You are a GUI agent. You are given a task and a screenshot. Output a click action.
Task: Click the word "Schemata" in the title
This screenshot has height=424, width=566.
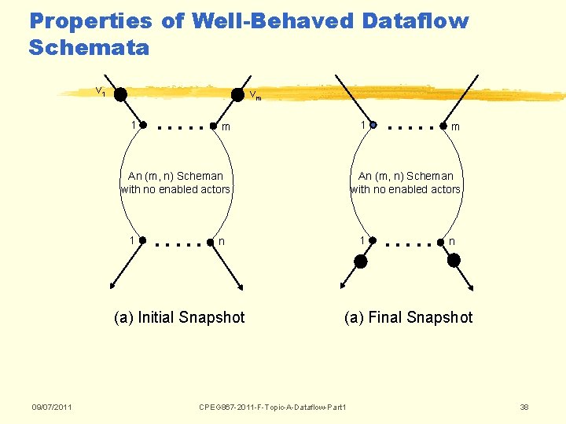click(x=88, y=48)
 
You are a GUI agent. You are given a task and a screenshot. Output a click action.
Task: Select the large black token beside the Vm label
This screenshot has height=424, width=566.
click(x=237, y=94)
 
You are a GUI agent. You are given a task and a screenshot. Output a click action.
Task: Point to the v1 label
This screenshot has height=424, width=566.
click(x=101, y=91)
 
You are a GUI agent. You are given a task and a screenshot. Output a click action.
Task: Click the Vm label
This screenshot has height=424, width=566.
click(x=255, y=97)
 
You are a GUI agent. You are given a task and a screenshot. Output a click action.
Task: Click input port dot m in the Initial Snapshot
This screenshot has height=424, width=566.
click(x=214, y=126)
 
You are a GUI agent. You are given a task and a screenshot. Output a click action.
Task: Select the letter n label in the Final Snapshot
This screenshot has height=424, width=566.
click(x=451, y=242)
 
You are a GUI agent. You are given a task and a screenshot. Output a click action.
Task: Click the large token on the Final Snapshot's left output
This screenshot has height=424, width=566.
click(x=360, y=261)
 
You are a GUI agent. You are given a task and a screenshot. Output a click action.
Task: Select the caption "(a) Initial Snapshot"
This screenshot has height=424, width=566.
click(x=179, y=317)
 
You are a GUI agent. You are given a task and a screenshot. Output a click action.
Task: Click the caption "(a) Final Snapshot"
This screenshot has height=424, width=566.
click(x=408, y=317)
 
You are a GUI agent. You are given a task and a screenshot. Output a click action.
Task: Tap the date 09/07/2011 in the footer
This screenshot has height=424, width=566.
click(x=52, y=407)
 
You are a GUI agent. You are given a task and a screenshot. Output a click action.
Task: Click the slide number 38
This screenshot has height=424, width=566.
click(x=524, y=407)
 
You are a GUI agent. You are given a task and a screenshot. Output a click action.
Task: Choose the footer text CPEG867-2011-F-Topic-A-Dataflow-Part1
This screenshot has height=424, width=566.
click(x=273, y=407)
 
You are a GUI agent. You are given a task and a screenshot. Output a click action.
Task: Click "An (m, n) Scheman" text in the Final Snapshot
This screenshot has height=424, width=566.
click(x=406, y=176)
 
